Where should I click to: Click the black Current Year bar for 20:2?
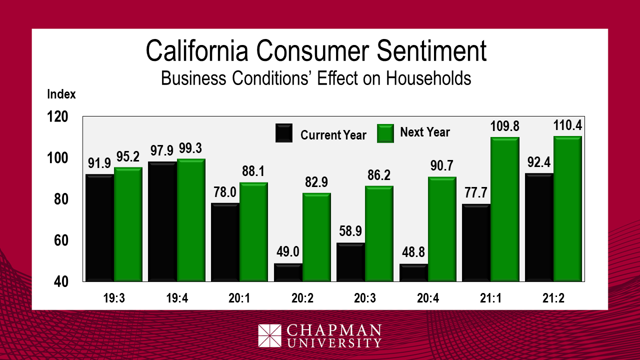288,272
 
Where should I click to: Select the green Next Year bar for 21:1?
505,209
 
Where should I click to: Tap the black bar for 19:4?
162,221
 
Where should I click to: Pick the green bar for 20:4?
442,229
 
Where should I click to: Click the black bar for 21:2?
539,227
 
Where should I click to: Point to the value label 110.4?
567,125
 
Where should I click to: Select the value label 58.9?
350,231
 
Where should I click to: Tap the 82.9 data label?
316,182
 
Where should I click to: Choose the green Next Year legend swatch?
385,133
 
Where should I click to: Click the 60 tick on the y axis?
60,240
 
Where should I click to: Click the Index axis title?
61,94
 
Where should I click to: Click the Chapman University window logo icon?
270,335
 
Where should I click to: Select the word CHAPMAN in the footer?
334,330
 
